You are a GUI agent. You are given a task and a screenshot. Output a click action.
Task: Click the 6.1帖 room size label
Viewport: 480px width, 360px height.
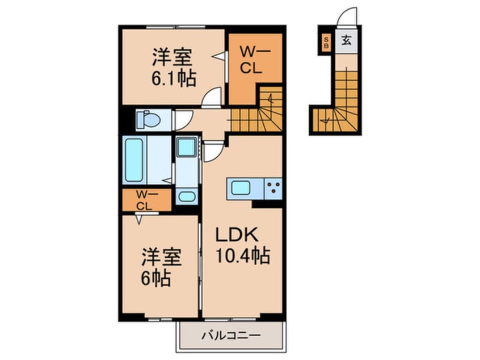(173, 78)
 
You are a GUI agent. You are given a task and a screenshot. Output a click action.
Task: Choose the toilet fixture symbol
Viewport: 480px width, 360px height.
(149, 120)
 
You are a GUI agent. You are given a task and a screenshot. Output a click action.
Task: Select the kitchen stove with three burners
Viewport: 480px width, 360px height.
(272, 187)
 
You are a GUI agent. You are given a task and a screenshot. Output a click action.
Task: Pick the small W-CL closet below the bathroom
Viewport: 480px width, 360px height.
(145, 200)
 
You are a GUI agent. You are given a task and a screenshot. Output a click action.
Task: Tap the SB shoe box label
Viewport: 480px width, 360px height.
(326, 42)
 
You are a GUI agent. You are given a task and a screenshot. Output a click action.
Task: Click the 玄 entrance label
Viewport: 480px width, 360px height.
(346, 41)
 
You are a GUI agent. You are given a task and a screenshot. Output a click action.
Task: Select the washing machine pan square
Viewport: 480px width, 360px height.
(186, 149)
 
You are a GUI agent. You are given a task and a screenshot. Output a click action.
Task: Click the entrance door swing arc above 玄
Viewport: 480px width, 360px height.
(346, 18)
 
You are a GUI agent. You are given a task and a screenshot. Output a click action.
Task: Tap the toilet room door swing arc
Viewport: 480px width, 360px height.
(182, 120)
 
